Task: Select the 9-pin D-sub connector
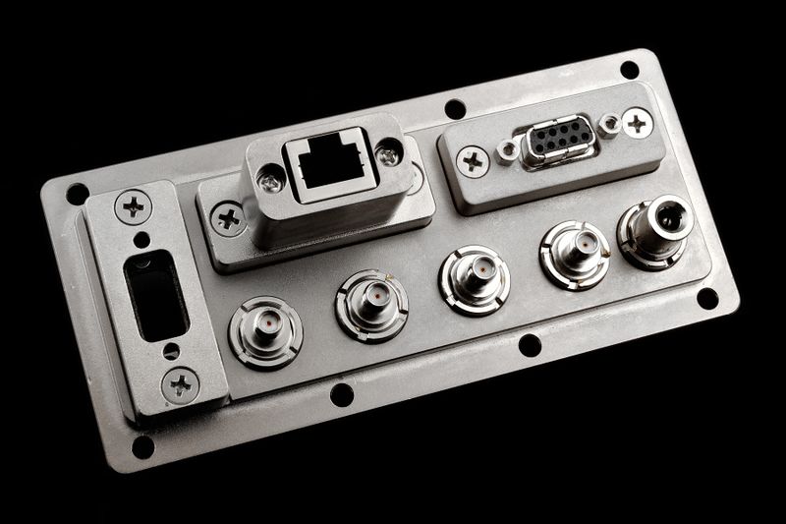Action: (556, 144)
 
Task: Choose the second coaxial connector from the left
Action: (370, 301)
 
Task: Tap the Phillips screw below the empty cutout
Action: (181, 383)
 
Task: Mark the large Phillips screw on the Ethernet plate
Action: (229, 217)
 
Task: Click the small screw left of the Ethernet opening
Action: (271, 178)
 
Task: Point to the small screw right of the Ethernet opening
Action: (389, 153)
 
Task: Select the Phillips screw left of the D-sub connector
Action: (473, 161)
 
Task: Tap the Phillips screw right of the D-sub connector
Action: (637, 123)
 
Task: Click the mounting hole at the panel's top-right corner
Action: (629, 70)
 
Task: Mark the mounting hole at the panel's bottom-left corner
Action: (143, 446)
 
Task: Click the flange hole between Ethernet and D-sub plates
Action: (455, 108)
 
